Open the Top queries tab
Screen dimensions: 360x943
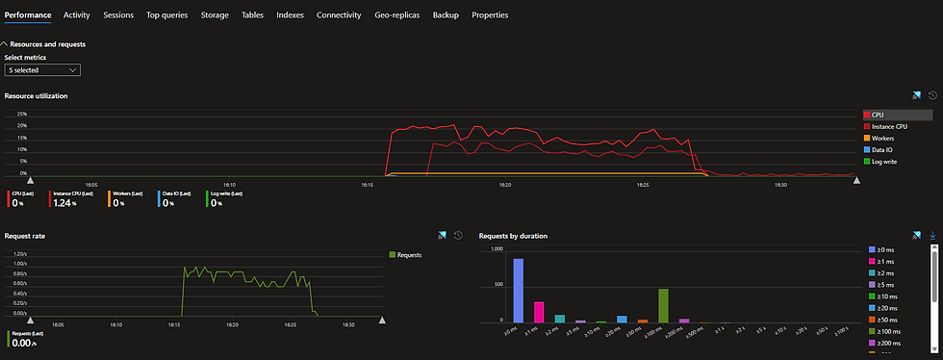166,15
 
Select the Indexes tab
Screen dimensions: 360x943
290,15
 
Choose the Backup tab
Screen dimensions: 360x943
446,15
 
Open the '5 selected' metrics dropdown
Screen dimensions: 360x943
42,70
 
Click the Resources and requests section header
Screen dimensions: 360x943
47,44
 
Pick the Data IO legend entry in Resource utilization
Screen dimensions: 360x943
883,149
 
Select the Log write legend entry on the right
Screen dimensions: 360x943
884,161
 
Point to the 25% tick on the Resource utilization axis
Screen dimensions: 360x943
21,115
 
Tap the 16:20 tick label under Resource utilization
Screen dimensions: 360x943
505,185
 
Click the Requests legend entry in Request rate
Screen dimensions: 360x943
408,254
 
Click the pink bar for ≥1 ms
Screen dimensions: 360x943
539,311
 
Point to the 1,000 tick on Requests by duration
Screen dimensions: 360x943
496,249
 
